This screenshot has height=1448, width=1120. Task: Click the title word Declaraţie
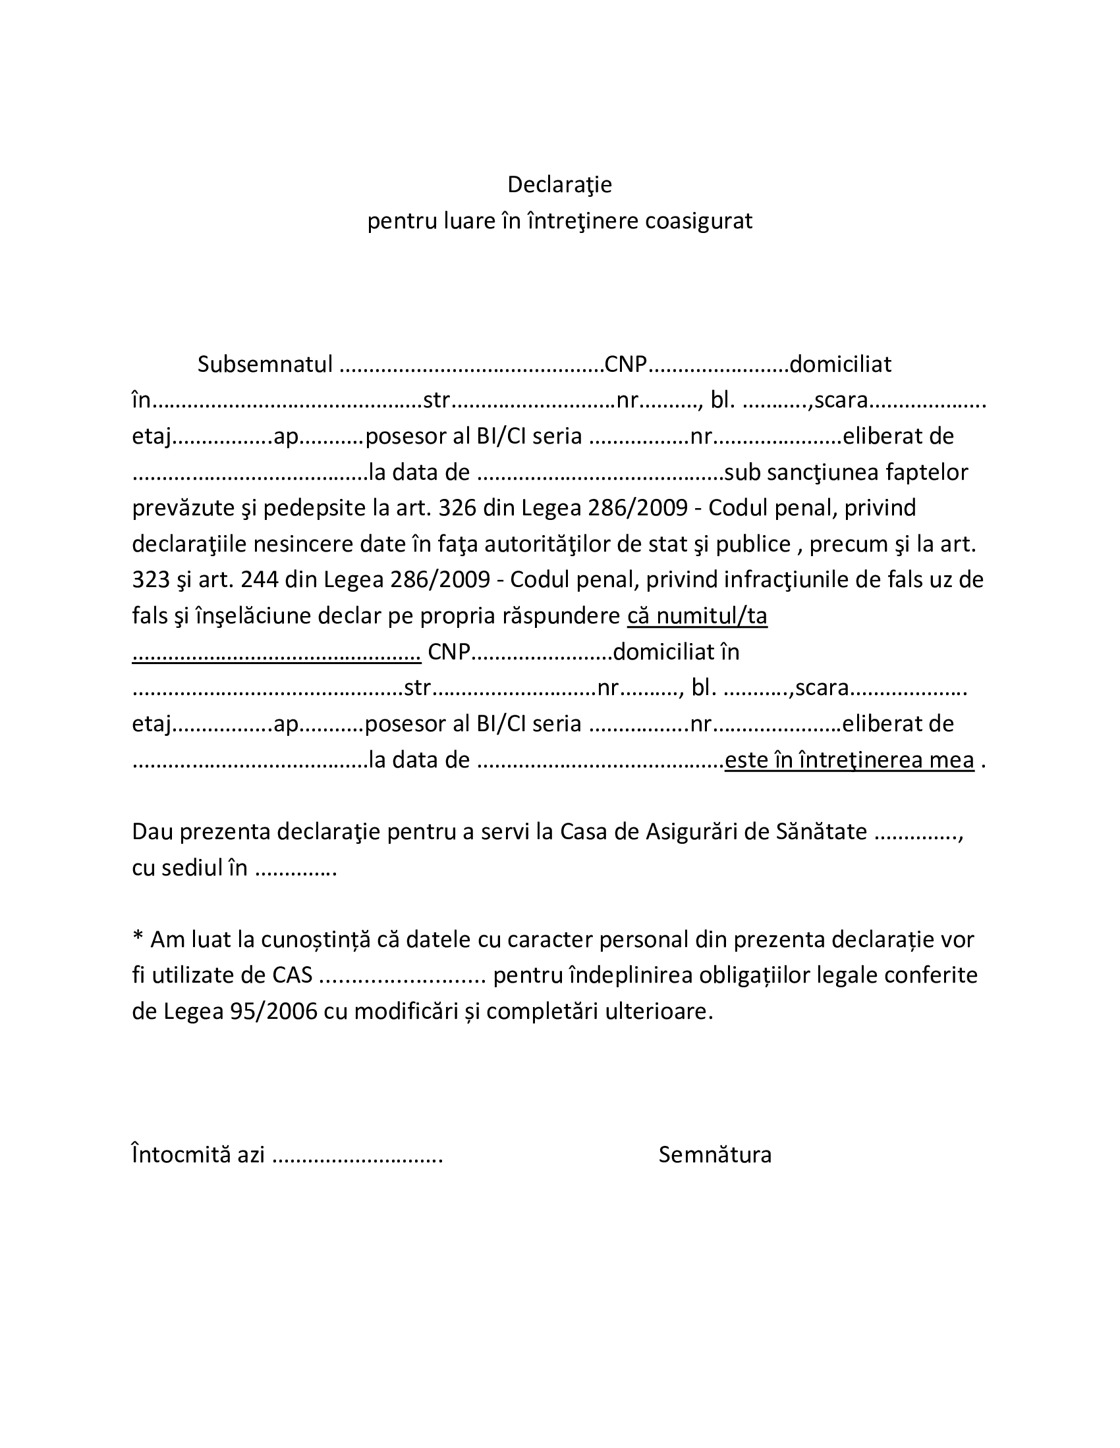click(559, 184)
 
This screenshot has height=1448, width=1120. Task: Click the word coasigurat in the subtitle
click(698, 220)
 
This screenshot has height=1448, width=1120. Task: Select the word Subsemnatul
click(265, 364)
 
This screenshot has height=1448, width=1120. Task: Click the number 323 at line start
click(152, 580)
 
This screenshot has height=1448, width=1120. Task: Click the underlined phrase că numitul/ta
click(696, 616)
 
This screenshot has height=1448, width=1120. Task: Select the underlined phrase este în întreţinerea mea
click(849, 760)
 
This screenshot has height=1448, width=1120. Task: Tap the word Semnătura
click(715, 1155)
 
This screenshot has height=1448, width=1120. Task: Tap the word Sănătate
click(822, 831)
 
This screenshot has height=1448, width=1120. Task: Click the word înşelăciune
click(253, 616)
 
